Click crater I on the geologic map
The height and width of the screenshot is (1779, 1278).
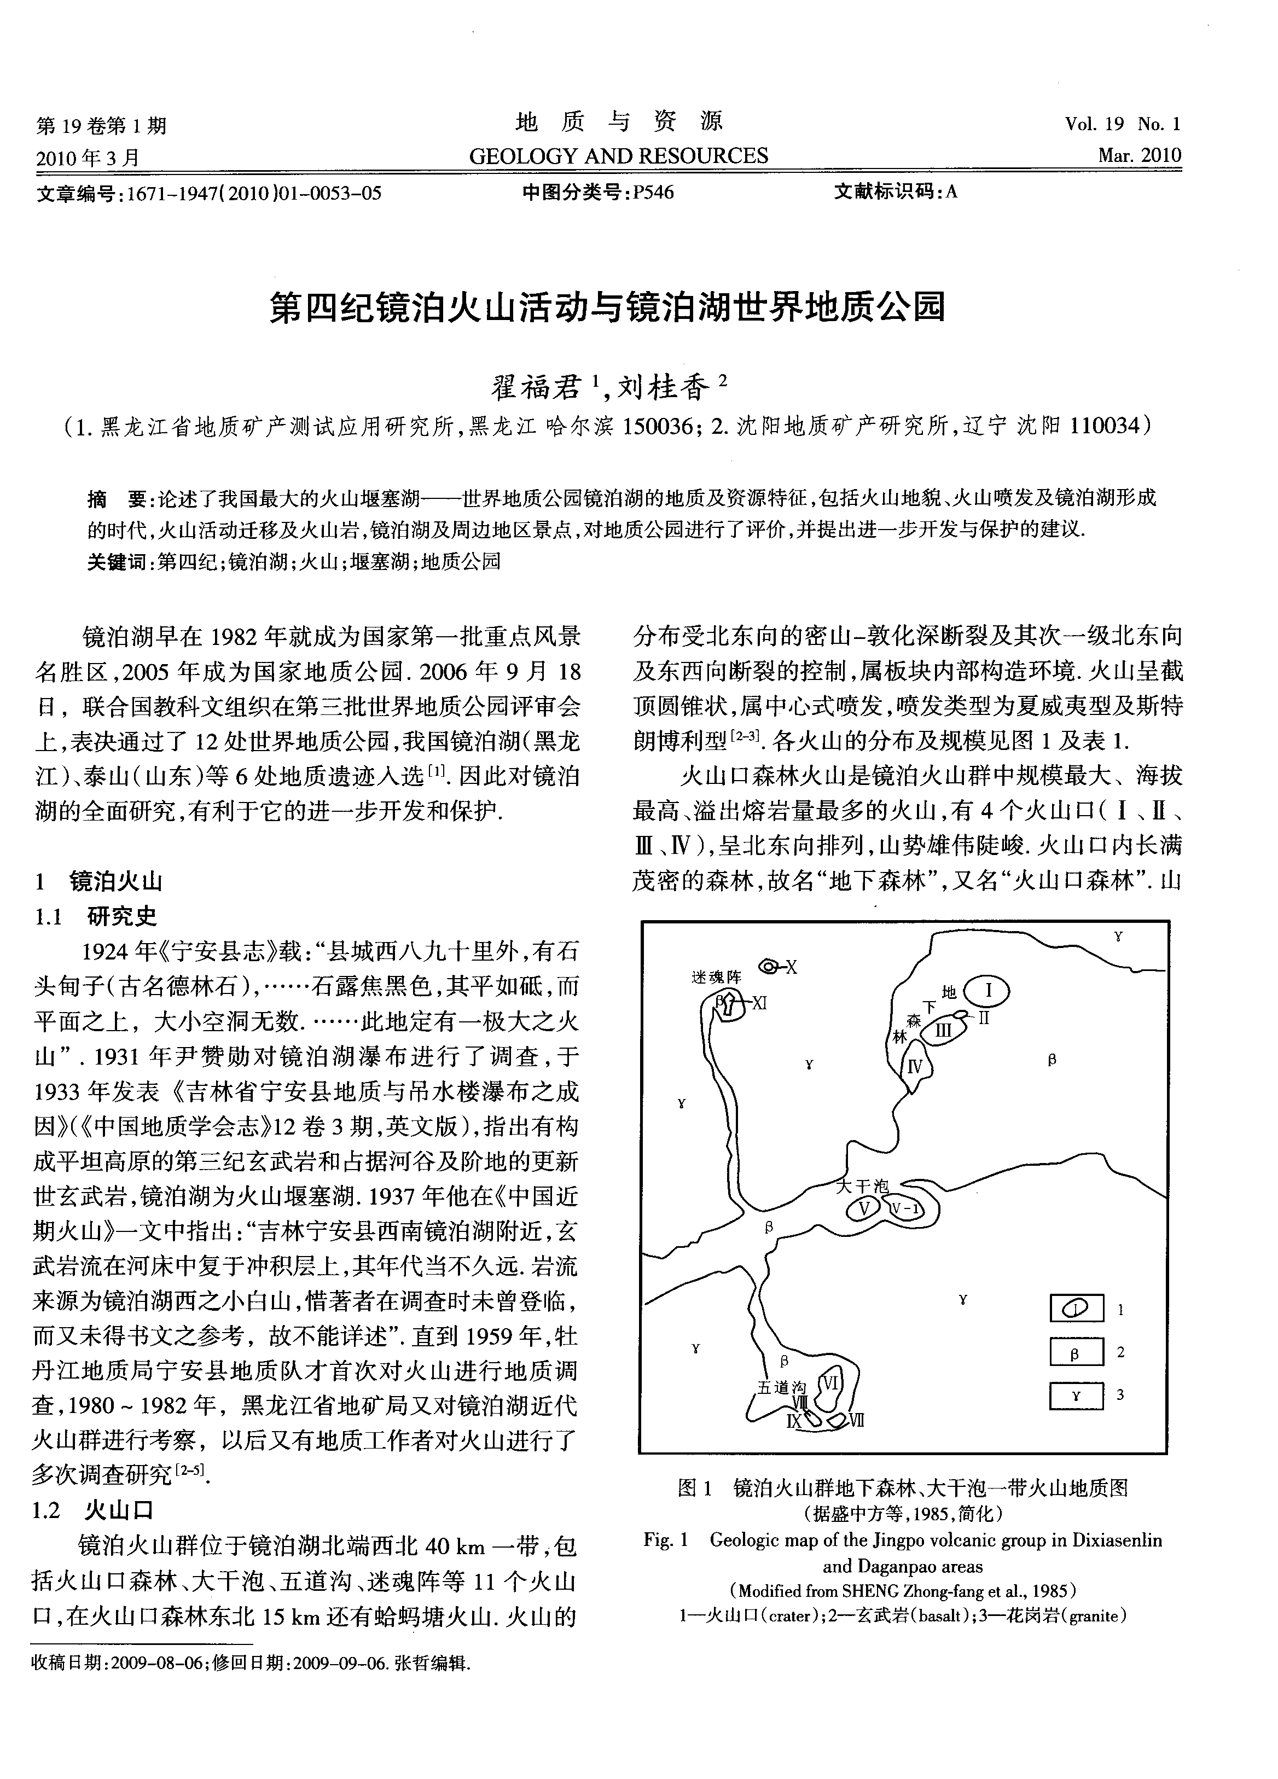pos(986,991)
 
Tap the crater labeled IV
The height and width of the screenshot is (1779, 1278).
pos(915,1066)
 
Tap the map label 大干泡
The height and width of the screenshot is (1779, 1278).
pos(862,1186)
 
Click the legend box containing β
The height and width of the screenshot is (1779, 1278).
pos(1076,1352)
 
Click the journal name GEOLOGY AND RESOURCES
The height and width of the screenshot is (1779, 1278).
pos(618,156)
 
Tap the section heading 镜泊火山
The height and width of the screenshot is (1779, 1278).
pos(115,882)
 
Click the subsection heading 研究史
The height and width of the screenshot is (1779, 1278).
pos(121,916)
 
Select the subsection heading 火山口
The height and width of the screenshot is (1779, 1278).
pos(119,1511)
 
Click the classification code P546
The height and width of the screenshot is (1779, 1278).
pos(653,192)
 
